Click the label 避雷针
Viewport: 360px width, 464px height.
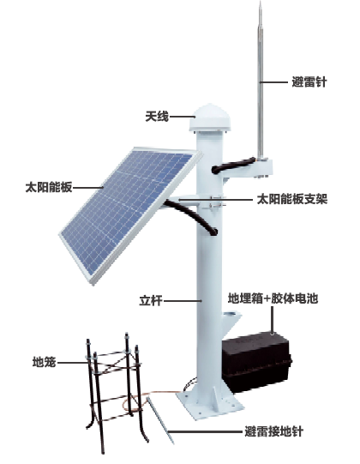309,82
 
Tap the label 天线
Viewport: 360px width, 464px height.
157,117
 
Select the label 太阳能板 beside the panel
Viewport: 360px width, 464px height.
49,187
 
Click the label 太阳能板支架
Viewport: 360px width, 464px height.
292,199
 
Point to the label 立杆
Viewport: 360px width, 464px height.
151,301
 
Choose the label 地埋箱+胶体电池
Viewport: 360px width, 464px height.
273,298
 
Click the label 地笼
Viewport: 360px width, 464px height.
44,362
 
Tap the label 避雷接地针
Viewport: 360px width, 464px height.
274,431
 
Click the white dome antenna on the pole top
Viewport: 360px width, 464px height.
210,118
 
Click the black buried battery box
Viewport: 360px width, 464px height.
256,361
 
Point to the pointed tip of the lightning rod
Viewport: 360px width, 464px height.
261,2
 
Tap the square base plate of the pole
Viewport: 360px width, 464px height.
210,404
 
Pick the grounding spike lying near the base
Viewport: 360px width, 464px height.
160,420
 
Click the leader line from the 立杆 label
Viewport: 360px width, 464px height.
183,301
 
